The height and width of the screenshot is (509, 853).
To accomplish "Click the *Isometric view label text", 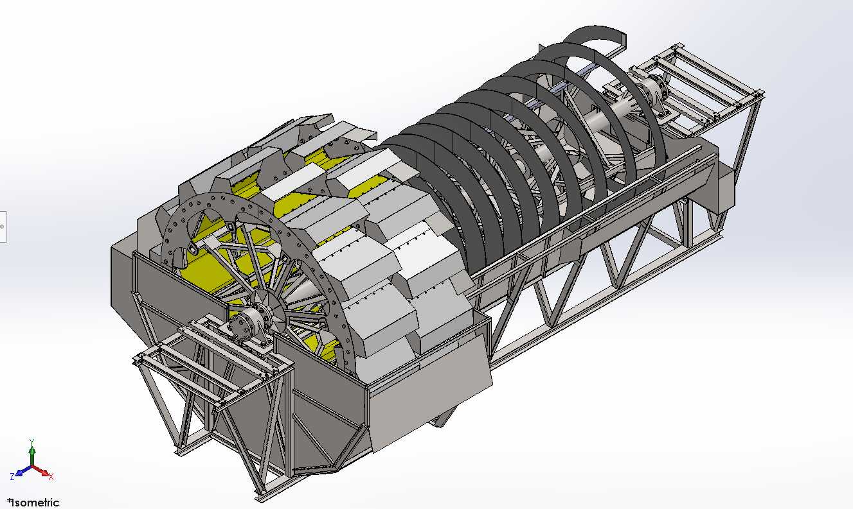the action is click(33, 503).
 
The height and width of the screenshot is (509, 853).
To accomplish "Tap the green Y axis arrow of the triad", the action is click(32, 454).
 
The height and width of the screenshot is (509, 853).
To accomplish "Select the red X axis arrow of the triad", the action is click(40, 470).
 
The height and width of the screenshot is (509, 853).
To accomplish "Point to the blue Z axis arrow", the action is click(24, 470).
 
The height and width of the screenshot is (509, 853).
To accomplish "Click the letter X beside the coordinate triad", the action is click(51, 477).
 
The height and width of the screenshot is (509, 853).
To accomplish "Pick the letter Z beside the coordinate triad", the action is click(12, 476).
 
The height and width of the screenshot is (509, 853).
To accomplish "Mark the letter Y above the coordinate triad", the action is click(32, 442).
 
